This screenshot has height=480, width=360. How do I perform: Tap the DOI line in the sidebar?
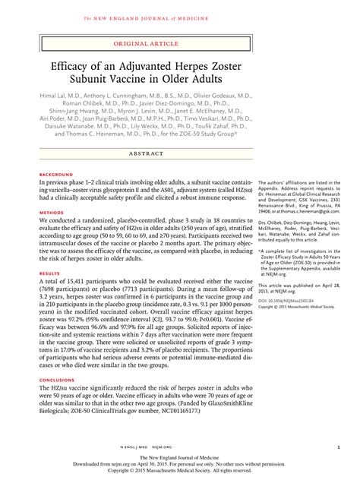(x=286, y=300)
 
